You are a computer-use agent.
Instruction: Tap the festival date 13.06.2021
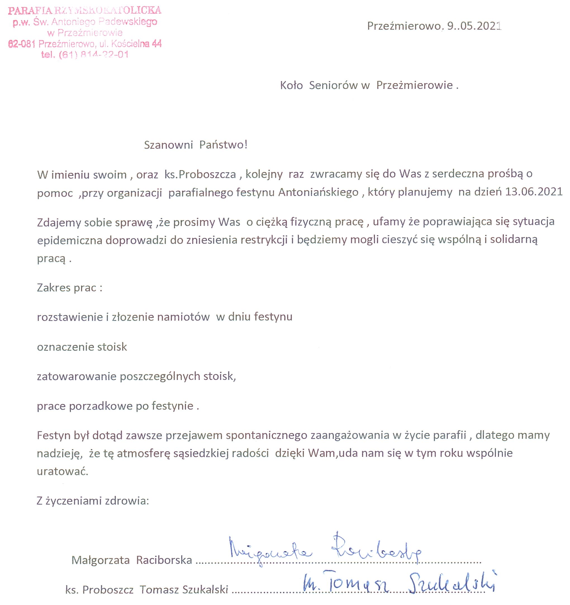(534, 192)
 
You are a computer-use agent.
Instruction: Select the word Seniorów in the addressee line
(333, 86)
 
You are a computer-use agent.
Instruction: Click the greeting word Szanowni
(168, 145)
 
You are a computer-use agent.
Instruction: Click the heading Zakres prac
(69, 288)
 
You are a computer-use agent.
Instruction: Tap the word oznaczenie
(62, 347)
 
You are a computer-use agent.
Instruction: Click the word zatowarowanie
(77, 377)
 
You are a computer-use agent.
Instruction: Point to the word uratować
(62, 471)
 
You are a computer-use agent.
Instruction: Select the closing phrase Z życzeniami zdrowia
(93, 501)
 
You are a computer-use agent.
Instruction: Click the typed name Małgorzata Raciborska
(131, 560)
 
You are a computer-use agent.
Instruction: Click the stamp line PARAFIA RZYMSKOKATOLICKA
(85, 10)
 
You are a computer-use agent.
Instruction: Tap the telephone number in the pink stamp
(94, 55)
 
